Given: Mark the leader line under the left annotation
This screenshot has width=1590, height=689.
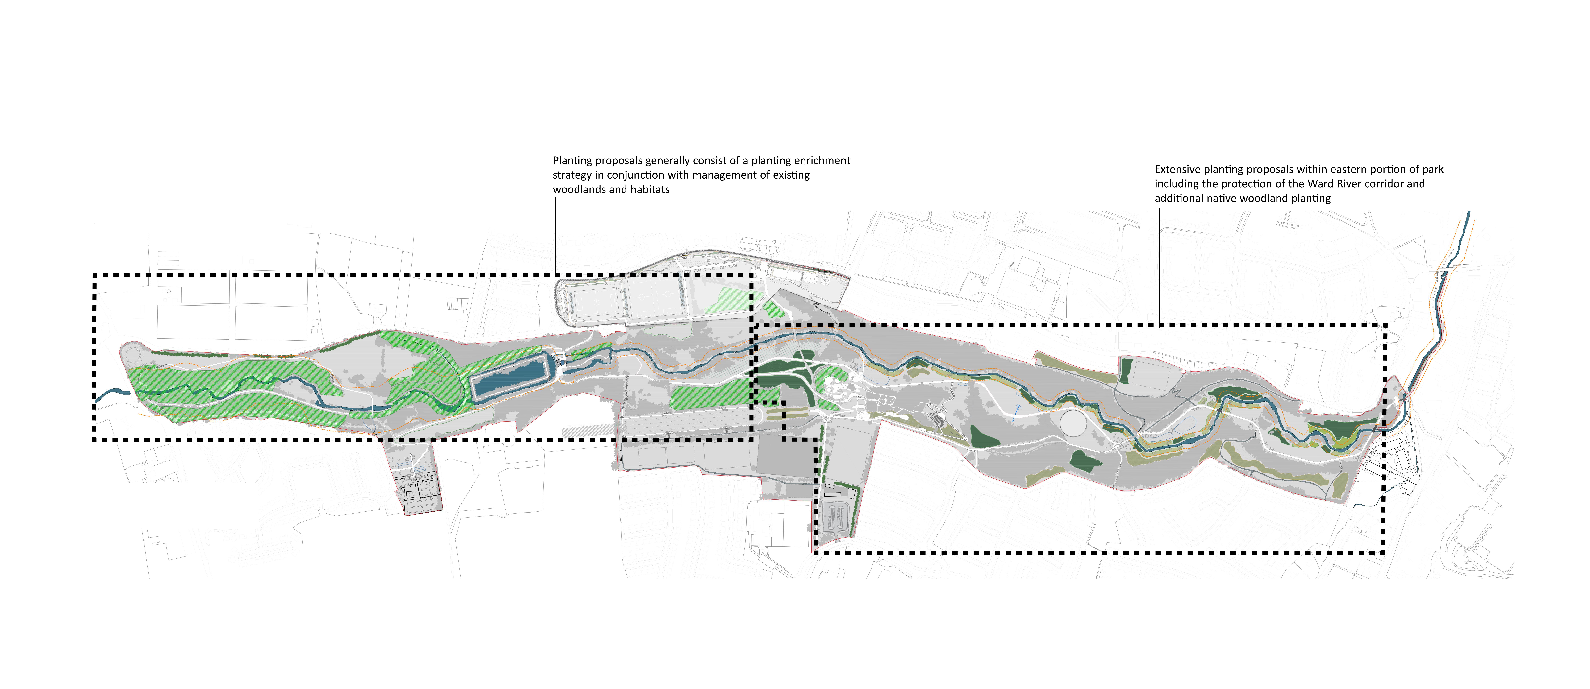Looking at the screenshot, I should [555, 234].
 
